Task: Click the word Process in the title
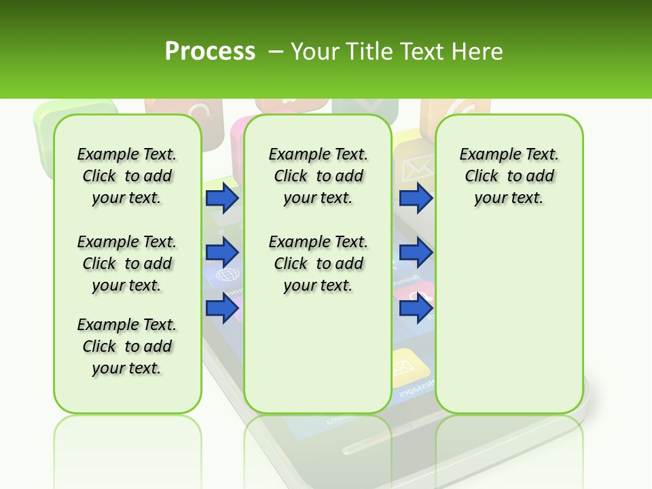(210, 52)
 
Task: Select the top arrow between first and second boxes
(222, 198)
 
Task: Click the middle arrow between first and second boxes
(222, 253)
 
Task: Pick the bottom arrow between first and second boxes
(222, 308)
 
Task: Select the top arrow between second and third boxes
(416, 198)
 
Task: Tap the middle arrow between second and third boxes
(416, 253)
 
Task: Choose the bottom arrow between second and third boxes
(416, 309)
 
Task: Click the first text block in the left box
(127, 176)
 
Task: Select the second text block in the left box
(127, 264)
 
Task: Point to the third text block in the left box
(127, 346)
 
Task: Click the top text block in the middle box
(318, 176)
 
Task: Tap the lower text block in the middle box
(318, 264)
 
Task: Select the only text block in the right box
(509, 176)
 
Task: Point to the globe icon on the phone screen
(224, 276)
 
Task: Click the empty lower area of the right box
(509, 319)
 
